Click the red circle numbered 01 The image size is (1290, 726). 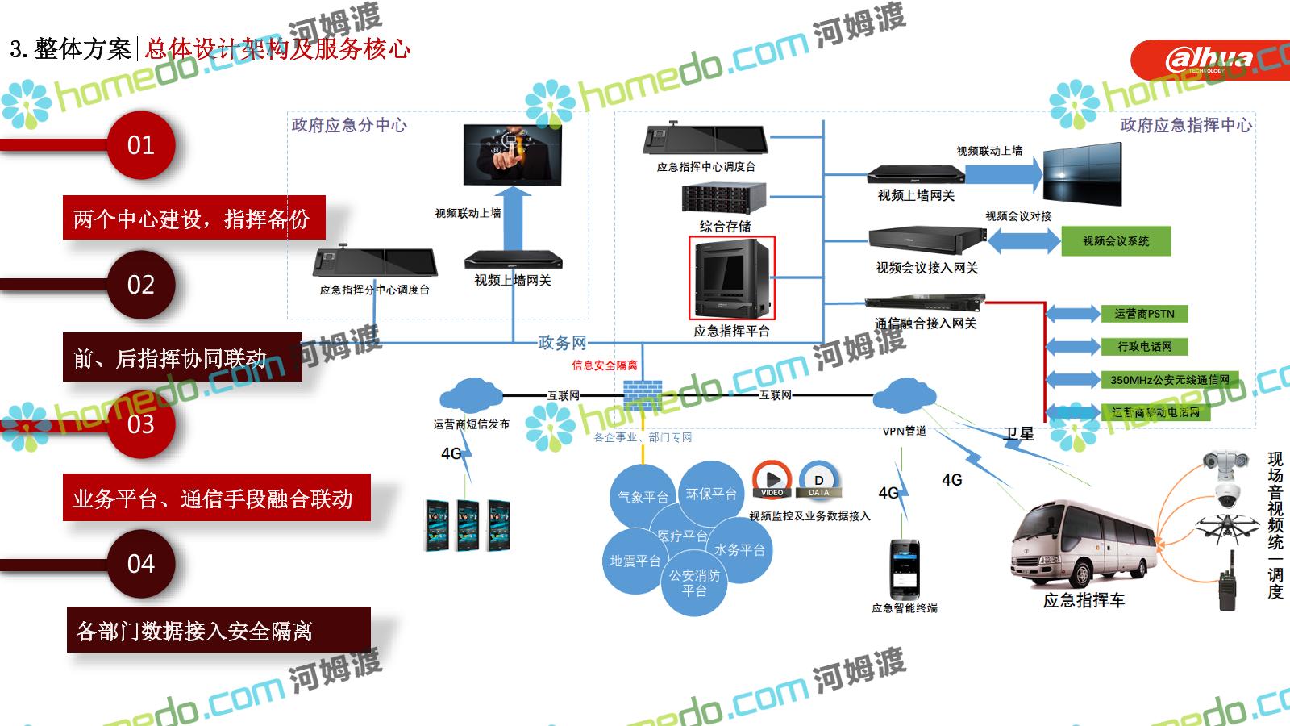pos(141,145)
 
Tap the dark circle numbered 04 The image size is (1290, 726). pos(141,563)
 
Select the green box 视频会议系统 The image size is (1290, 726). pos(1116,241)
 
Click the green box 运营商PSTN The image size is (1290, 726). pos(1144,314)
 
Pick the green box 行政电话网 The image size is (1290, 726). pos(1144,347)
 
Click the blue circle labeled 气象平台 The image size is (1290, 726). pos(643,497)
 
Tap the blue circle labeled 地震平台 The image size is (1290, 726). pos(635,561)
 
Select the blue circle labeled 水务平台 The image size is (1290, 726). pos(739,550)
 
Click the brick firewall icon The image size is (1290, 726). pos(643,394)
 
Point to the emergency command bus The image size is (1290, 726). pos(1083,544)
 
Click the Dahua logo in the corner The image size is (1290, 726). pos(1209,60)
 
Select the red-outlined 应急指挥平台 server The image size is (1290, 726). pos(732,277)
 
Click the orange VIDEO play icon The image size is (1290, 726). pos(772,478)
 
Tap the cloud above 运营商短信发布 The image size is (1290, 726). pos(471,394)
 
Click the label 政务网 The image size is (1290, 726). pos(562,343)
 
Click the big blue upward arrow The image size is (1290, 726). pos(513,219)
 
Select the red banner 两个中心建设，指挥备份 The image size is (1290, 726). pos(193,218)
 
